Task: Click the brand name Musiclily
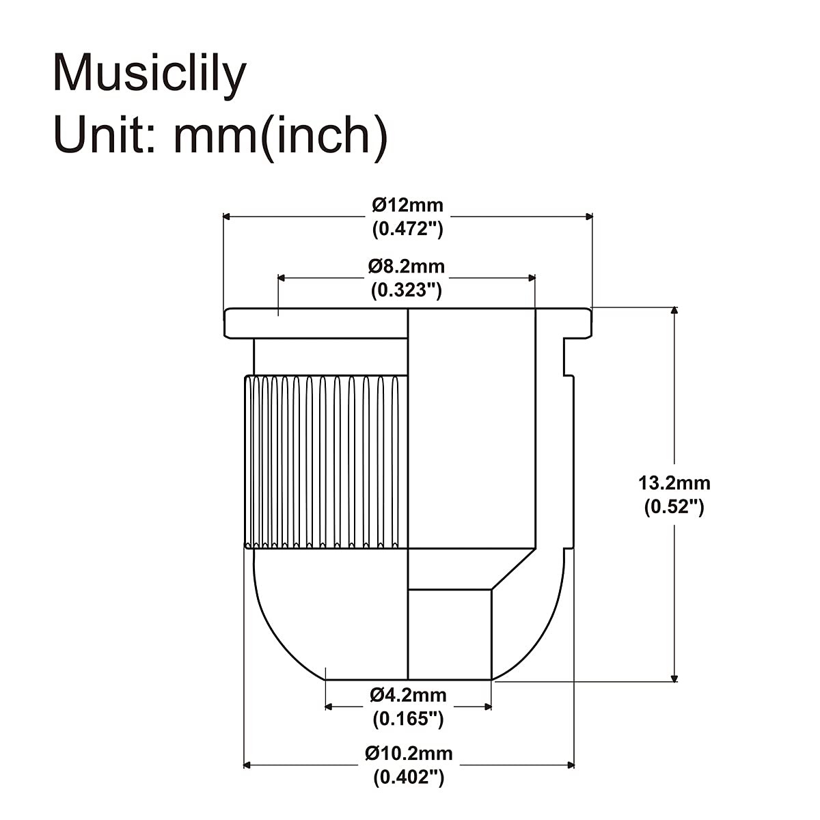click(149, 74)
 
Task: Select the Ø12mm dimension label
click(407, 204)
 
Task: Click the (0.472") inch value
click(407, 229)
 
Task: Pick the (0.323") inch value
click(407, 290)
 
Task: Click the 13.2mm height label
click(674, 483)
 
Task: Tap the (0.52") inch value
click(674, 507)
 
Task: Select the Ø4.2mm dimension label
click(408, 695)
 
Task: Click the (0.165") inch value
click(408, 719)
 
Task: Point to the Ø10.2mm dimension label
click(409, 753)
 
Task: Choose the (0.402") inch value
click(409, 778)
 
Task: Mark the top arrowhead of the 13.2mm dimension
click(675, 311)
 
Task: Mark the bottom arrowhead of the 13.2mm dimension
click(675, 677)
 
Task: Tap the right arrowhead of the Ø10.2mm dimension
click(570, 765)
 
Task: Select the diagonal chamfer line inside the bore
click(513, 569)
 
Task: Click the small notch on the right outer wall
click(568, 357)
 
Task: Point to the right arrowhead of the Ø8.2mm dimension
click(531, 278)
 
